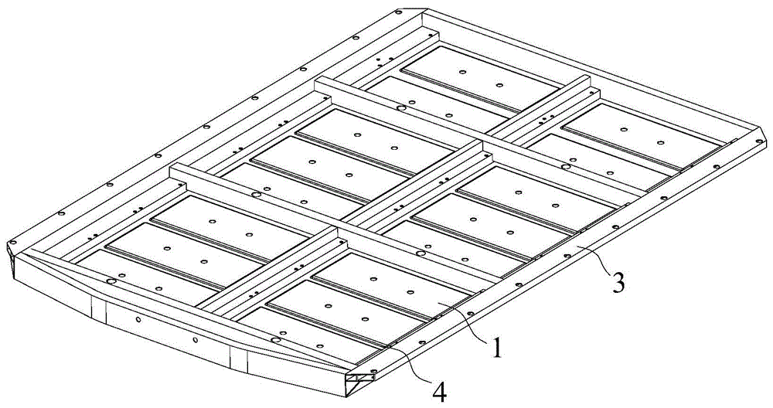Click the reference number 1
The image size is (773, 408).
point(497,348)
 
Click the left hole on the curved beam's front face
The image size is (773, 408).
point(139,319)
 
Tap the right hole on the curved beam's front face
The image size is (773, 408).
point(196,339)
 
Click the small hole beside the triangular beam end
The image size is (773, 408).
point(373,371)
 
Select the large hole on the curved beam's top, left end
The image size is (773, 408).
point(111,281)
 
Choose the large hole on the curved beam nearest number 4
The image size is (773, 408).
point(276,340)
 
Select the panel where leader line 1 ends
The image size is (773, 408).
point(390,286)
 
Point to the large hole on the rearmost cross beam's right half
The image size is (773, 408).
point(566,168)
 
